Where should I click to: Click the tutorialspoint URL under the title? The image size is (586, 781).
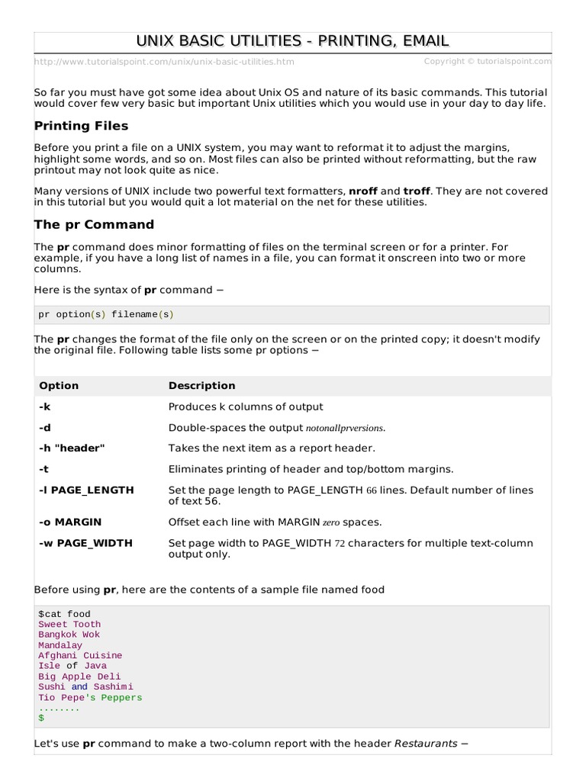(x=164, y=62)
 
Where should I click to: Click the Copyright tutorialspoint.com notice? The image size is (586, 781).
(x=488, y=61)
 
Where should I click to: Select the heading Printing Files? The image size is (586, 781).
(x=82, y=126)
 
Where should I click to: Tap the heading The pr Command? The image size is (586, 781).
(x=94, y=224)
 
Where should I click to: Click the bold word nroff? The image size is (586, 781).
(x=362, y=191)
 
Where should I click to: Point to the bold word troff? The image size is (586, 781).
(x=417, y=191)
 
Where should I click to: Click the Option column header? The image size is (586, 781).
(x=59, y=386)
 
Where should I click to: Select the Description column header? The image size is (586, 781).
(x=201, y=386)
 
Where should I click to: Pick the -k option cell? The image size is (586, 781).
(x=44, y=407)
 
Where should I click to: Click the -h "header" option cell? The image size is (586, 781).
(x=72, y=448)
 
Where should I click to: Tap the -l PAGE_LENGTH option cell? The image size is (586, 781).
(x=86, y=490)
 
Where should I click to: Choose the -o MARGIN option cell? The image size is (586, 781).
(x=70, y=522)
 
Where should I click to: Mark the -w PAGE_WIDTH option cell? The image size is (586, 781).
(x=85, y=543)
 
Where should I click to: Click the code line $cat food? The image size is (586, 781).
(x=64, y=614)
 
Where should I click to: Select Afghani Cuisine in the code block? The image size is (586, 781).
(x=80, y=655)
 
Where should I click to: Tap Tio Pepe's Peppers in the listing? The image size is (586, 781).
(x=90, y=697)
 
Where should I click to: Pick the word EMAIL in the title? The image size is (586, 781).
(x=419, y=41)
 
